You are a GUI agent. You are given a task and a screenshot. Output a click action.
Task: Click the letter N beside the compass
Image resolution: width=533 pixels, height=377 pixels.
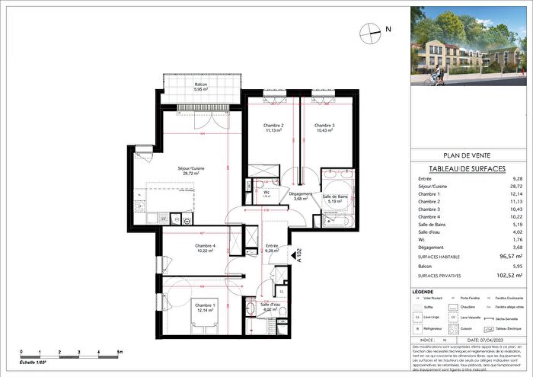pyautogui.click(x=388, y=30)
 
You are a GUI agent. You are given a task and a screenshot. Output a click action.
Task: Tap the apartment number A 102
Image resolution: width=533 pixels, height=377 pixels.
pyautogui.click(x=300, y=253)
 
